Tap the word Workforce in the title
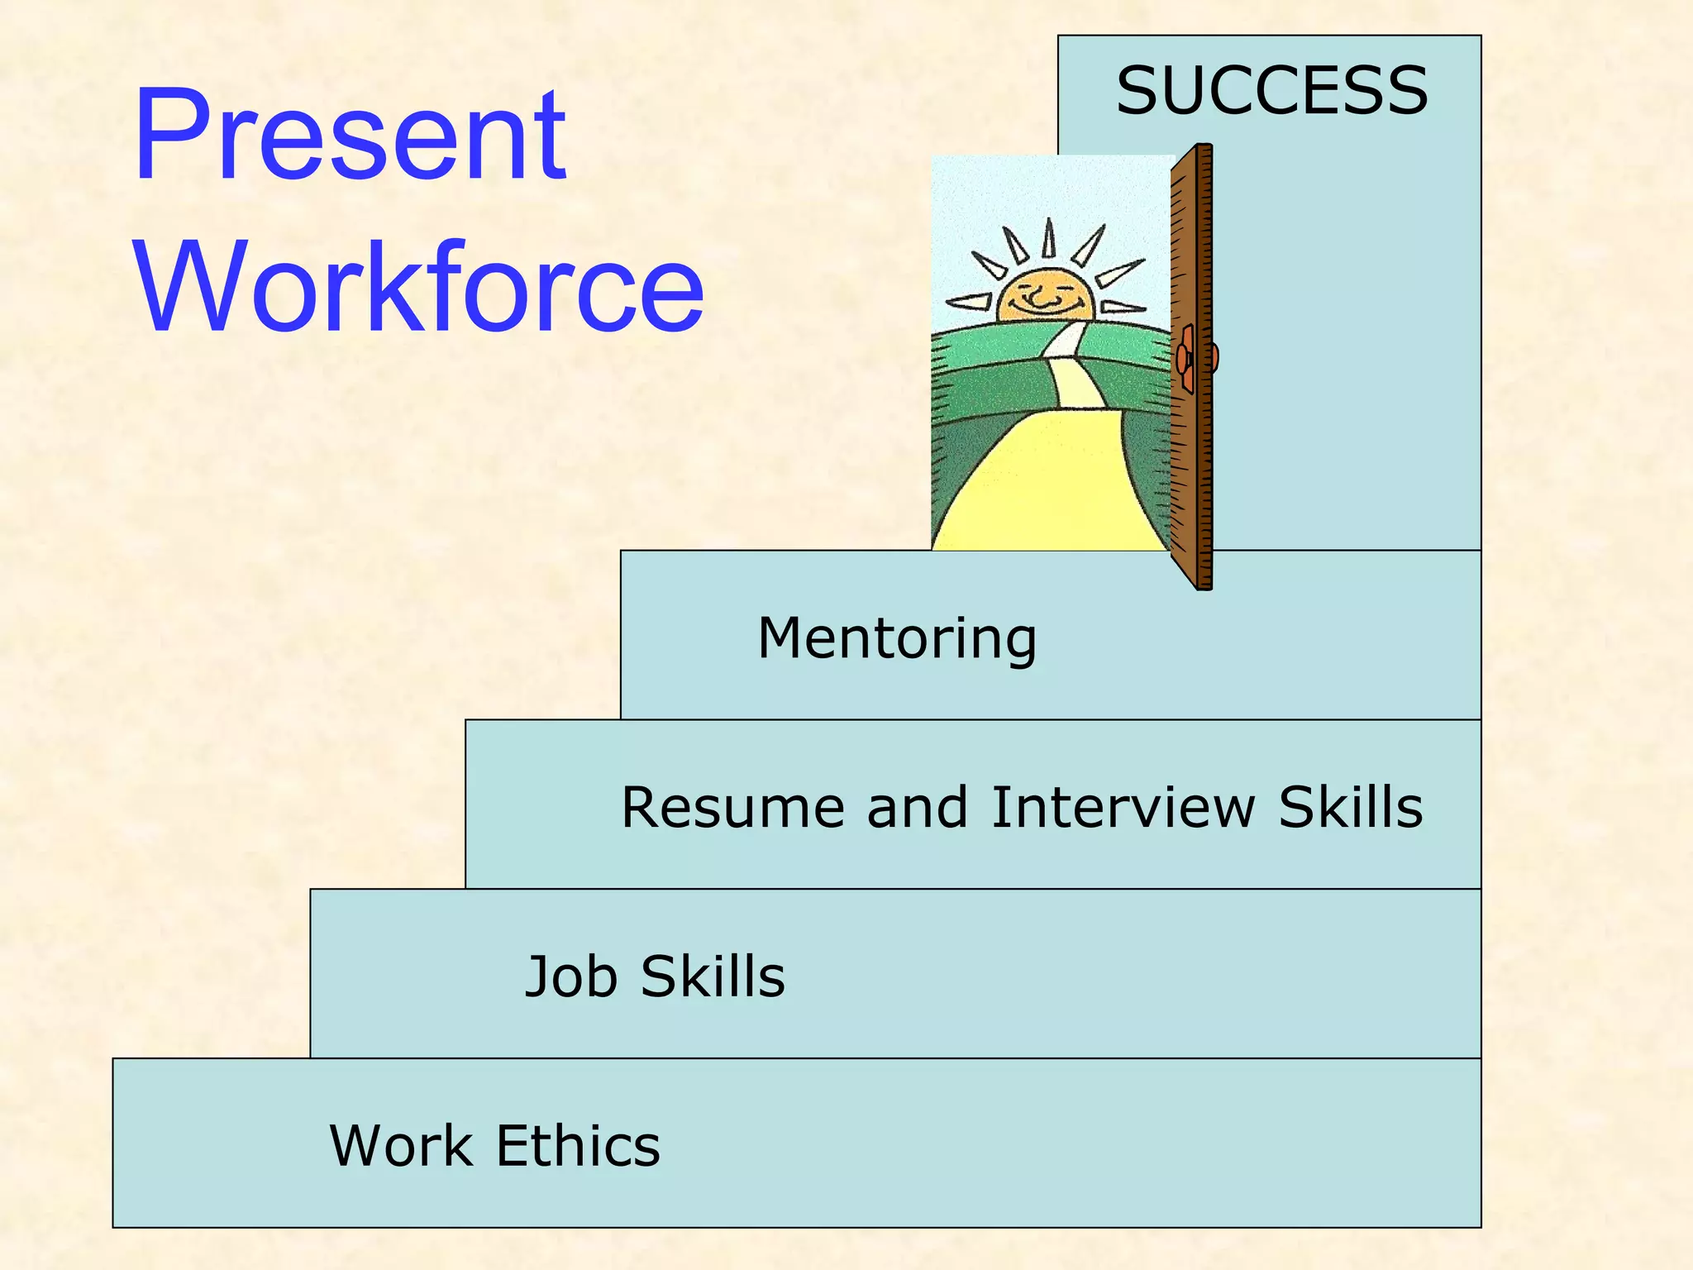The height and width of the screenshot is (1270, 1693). [x=419, y=287]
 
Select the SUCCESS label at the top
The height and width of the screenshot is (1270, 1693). [x=1271, y=91]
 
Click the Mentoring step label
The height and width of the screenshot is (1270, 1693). [x=897, y=639]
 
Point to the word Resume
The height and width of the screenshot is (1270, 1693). [x=732, y=808]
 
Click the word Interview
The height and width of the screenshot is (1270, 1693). [x=1123, y=808]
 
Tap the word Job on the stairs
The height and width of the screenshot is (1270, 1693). [x=571, y=976]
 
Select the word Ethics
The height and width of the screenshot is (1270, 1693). [x=578, y=1146]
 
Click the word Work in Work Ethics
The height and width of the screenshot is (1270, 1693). [x=401, y=1146]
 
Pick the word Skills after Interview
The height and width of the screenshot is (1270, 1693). [x=1351, y=808]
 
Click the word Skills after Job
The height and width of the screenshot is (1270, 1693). [x=713, y=976]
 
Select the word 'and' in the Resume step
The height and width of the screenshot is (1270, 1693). [x=917, y=808]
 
